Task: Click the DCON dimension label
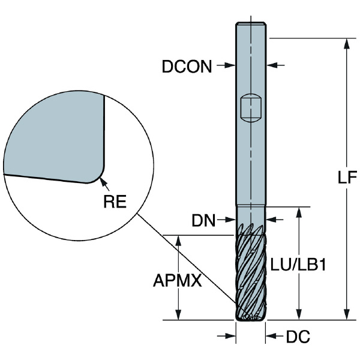coord(187,67)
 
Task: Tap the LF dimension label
coord(347,177)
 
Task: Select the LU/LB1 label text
coord(298,265)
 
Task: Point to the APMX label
coord(177,280)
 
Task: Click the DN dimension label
coord(203,220)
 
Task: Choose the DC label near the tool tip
coord(298,337)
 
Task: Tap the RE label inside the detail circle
coord(115,202)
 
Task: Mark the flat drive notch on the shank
coord(251,107)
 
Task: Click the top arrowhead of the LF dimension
coord(347,44)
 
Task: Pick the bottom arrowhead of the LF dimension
coord(347,314)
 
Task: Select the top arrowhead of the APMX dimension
coord(178,241)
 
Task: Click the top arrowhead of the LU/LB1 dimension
coord(299,212)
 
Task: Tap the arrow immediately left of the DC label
coord(274,337)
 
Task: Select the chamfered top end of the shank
coord(251,23)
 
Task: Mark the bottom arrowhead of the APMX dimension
coord(178,314)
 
